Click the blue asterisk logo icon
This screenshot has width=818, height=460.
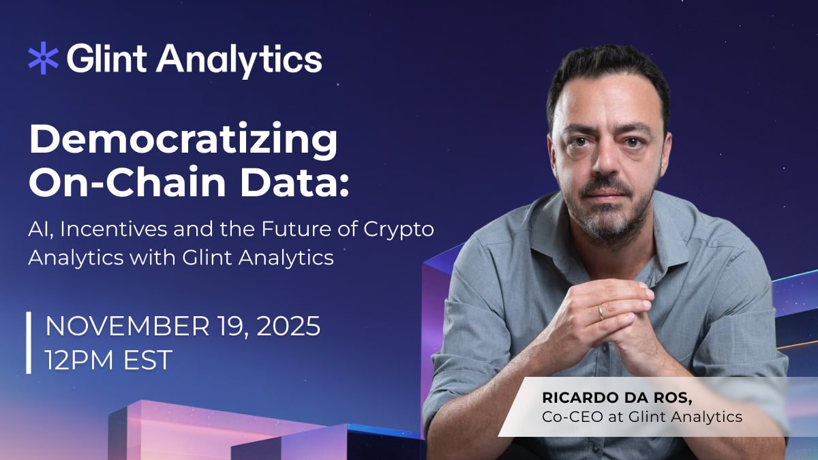[44, 59]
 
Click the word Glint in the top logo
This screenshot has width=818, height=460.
[107, 59]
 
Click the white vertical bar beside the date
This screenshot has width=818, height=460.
[29, 343]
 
